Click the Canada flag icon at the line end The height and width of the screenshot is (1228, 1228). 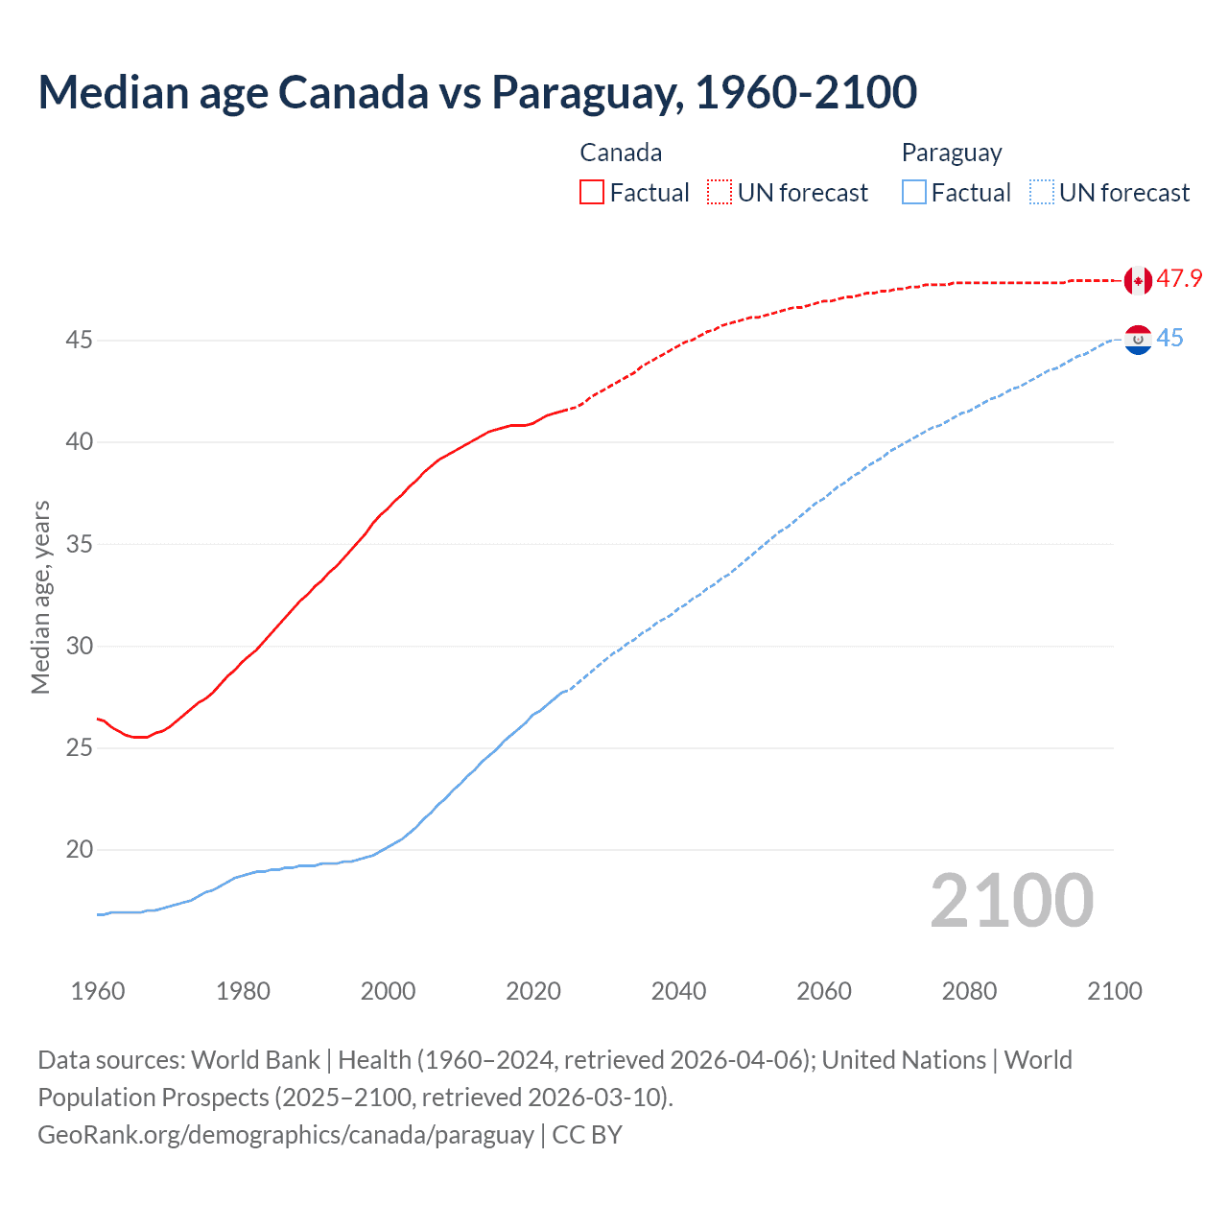click(1138, 280)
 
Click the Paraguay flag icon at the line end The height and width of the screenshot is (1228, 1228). click(1138, 339)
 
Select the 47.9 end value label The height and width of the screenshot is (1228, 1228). click(1179, 279)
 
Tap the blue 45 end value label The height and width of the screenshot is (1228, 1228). click(1169, 339)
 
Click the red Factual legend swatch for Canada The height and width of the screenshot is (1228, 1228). click(592, 193)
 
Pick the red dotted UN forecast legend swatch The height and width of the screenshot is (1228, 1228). click(720, 193)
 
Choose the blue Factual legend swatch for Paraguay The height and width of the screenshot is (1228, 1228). click(914, 193)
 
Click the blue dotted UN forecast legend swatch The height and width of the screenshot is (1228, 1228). click(1041, 193)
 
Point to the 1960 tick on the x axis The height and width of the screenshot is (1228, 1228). click(98, 991)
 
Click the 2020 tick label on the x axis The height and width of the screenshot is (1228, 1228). click(533, 991)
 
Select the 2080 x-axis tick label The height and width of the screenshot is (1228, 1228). click(969, 991)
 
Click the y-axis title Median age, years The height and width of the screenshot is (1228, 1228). click(40, 597)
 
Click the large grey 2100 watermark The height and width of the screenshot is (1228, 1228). click(1011, 901)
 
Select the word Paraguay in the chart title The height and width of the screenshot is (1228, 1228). click(587, 92)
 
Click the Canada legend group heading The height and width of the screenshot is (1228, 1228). click(621, 153)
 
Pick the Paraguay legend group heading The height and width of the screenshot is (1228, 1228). click(951, 153)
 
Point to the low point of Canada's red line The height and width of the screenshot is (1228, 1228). click(140, 737)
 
